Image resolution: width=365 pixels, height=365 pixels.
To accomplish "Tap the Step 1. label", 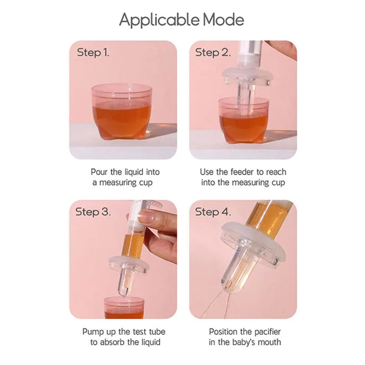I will pos(93,52).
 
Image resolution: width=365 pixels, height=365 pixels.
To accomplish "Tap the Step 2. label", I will pos(213,52).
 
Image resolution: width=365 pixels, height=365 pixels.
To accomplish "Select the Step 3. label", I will pos(93,212).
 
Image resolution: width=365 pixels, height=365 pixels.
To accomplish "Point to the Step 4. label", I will pos(213,212).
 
